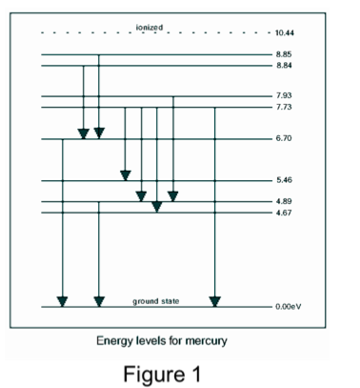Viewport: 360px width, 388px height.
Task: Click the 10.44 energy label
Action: pyautogui.click(x=284, y=33)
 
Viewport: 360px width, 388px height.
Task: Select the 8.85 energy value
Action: pyautogui.click(x=282, y=55)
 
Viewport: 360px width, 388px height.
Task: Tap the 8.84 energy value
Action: pyautogui.click(x=282, y=66)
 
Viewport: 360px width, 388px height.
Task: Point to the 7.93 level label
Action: pyautogui.click(x=282, y=96)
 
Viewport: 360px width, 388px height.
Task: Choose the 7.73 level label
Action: pyautogui.click(x=282, y=107)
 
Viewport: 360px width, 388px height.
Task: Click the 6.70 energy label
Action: pyautogui.click(x=282, y=139)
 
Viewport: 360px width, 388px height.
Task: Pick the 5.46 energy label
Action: pyautogui.click(x=282, y=180)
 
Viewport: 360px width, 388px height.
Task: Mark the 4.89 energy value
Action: pyautogui.click(x=282, y=201)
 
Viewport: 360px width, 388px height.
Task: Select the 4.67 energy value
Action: pyautogui.click(x=282, y=212)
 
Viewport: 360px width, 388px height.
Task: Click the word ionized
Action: pyautogui.click(x=150, y=27)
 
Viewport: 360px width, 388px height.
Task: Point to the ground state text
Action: pyautogui.click(x=155, y=301)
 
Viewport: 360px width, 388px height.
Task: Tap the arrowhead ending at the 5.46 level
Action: pyautogui.click(x=125, y=174)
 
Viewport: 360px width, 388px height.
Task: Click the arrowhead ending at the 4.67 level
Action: pyautogui.click(x=157, y=206)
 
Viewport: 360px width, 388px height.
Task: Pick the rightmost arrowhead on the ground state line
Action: pyautogui.click(x=215, y=301)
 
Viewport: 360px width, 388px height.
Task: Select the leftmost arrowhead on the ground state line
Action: pyautogui.click(x=63, y=301)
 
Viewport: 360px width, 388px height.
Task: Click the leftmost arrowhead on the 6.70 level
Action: pyautogui.click(x=84, y=133)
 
